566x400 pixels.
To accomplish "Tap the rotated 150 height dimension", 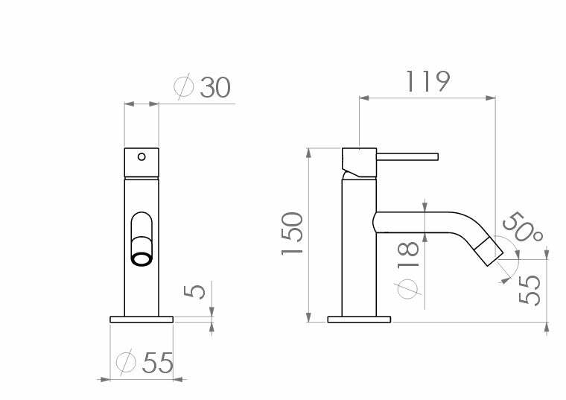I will point(292,234).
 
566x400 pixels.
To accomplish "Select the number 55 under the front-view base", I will point(157,363).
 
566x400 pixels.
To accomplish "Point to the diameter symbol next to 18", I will point(407,287).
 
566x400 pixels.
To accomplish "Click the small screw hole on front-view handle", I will point(141,156).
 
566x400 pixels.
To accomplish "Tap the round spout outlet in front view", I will point(141,258).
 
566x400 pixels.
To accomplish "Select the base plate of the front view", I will point(141,320).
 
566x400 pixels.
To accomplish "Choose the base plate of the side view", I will point(359,320).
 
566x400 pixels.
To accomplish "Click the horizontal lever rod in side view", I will point(408,156).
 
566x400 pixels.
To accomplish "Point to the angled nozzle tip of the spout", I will point(493,251).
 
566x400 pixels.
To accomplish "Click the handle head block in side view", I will point(358,162).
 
